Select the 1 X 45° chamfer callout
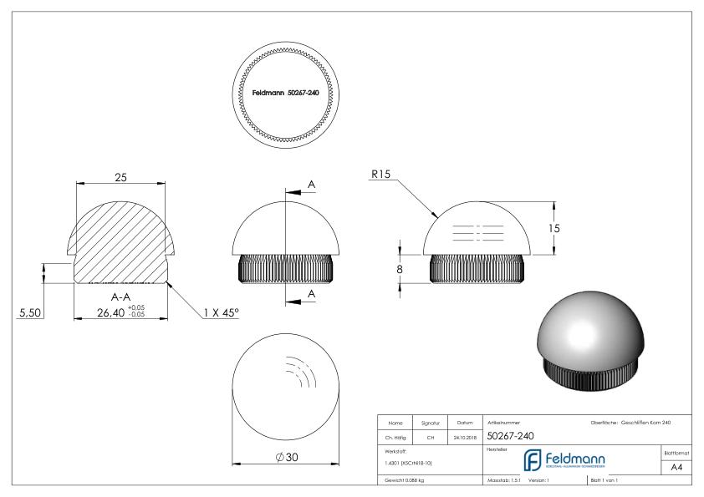coord(218,312)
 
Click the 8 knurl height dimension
coord(400,269)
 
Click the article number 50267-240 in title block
coord(512,435)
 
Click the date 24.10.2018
coord(462,436)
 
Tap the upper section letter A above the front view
coord(311,185)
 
